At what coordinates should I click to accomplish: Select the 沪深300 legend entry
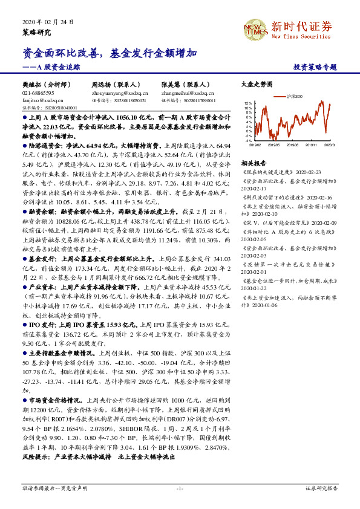(x=295, y=96)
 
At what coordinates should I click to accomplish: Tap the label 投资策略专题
(x=315, y=67)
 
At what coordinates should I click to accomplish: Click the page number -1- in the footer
(x=180, y=487)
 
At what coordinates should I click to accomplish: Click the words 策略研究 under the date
(x=37, y=31)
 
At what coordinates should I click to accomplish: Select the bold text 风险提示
(x=36, y=458)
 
